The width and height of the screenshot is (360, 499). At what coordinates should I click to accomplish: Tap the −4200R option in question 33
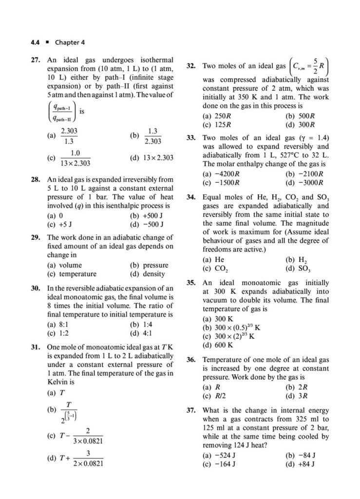(x=219, y=173)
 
